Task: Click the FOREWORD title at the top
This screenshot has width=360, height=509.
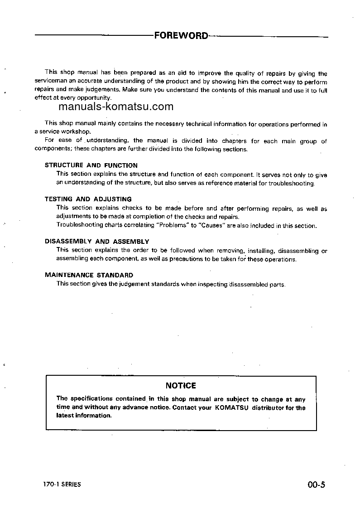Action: [x=181, y=35]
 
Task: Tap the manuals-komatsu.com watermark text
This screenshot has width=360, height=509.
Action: [x=109, y=107]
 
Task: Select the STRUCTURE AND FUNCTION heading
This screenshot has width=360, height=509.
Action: [x=91, y=165]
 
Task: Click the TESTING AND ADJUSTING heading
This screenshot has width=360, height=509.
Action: [x=88, y=199]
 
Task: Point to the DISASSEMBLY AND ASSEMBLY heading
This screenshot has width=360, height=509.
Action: [x=97, y=242]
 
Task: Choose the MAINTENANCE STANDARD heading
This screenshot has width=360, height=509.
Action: [x=89, y=275]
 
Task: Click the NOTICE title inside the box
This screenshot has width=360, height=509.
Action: [x=181, y=386]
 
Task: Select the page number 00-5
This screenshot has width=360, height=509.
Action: [x=316, y=485]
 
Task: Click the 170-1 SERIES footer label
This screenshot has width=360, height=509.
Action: [x=59, y=485]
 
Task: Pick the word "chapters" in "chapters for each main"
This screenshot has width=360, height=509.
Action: [x=234, y=141]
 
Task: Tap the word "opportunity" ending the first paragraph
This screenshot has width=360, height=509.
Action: [x=93, y=98]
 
